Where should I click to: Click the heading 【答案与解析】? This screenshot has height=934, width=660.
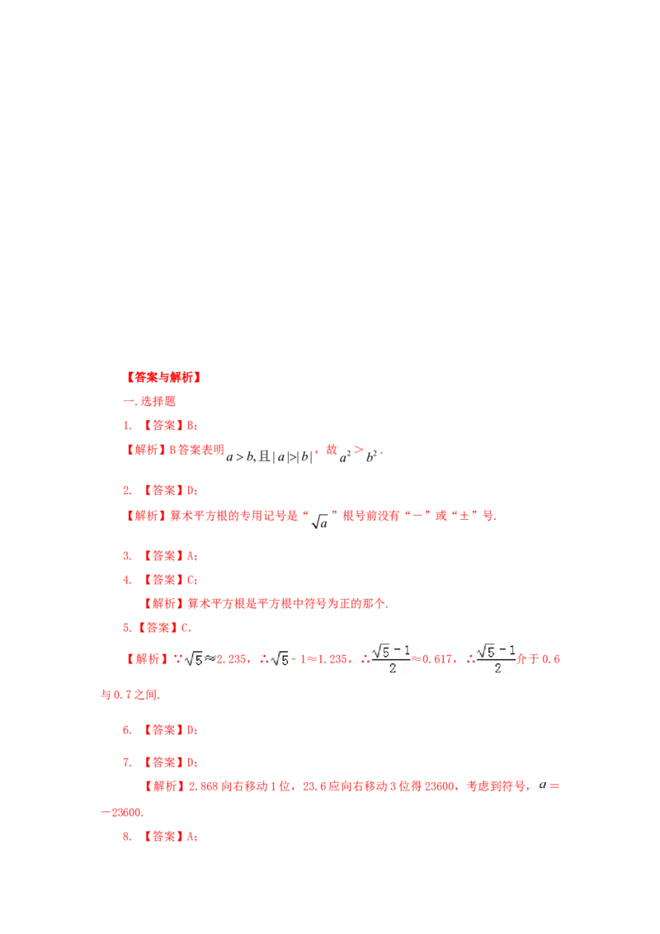[164, 377]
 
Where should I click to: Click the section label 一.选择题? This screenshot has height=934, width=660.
[149, 402]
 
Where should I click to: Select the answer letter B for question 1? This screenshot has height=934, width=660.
[191, 425]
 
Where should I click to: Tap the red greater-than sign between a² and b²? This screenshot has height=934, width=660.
[358, 449]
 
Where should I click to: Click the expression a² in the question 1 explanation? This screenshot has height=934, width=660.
[345, 457]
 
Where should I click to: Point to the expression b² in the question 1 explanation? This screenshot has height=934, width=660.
[371, 457]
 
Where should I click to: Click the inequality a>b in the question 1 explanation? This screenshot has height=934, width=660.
[240, 457]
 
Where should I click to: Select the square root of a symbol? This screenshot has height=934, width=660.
[320, 522]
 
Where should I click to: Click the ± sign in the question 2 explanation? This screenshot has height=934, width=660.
[464, 516]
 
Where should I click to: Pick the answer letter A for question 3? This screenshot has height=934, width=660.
[191, 556]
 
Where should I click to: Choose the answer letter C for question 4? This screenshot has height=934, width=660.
[191, 579]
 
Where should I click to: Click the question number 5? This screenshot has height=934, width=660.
[127, 628]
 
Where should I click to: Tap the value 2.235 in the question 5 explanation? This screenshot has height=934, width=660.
[231, 658]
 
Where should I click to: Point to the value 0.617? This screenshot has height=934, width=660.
[437, 658]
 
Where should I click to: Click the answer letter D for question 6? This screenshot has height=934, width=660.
[191, 729]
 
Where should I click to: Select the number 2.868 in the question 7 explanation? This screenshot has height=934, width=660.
[204, 786]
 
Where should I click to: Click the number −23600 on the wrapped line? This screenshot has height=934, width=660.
[122, 813]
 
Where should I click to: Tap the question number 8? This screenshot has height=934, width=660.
[127, 837]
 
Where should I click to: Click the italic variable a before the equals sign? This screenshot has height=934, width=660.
[543, 785]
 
